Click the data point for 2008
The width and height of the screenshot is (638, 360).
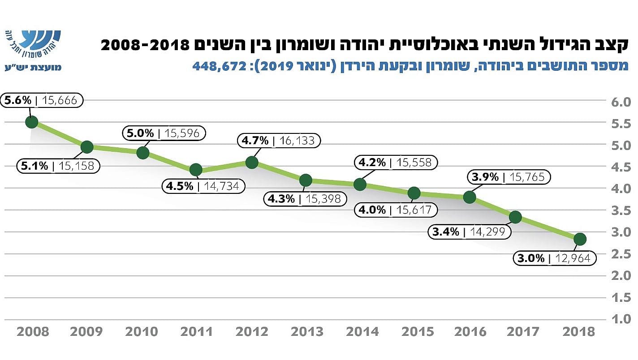pos(31,122)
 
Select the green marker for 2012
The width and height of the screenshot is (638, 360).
pos(252,162)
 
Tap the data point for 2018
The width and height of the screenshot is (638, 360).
pos(580,239)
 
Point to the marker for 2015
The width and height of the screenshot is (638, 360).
pos(414,193)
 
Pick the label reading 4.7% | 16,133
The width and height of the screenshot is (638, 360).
pos(279,141)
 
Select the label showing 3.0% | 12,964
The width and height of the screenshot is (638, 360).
pos(554,258)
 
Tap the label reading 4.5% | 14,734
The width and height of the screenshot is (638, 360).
pos(203,186)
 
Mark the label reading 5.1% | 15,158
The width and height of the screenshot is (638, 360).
pos(58,166)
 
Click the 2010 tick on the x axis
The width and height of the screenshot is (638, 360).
pos(142,332)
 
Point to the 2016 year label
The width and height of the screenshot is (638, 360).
pos(470,332)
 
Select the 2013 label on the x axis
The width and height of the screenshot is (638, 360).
pos(307,332)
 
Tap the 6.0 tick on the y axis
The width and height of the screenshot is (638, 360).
pos(621,102)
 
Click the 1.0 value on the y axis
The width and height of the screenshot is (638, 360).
pos(621,319)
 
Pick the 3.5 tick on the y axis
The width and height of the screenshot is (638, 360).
pos(621,211)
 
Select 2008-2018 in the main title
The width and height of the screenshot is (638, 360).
pos(143,45)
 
